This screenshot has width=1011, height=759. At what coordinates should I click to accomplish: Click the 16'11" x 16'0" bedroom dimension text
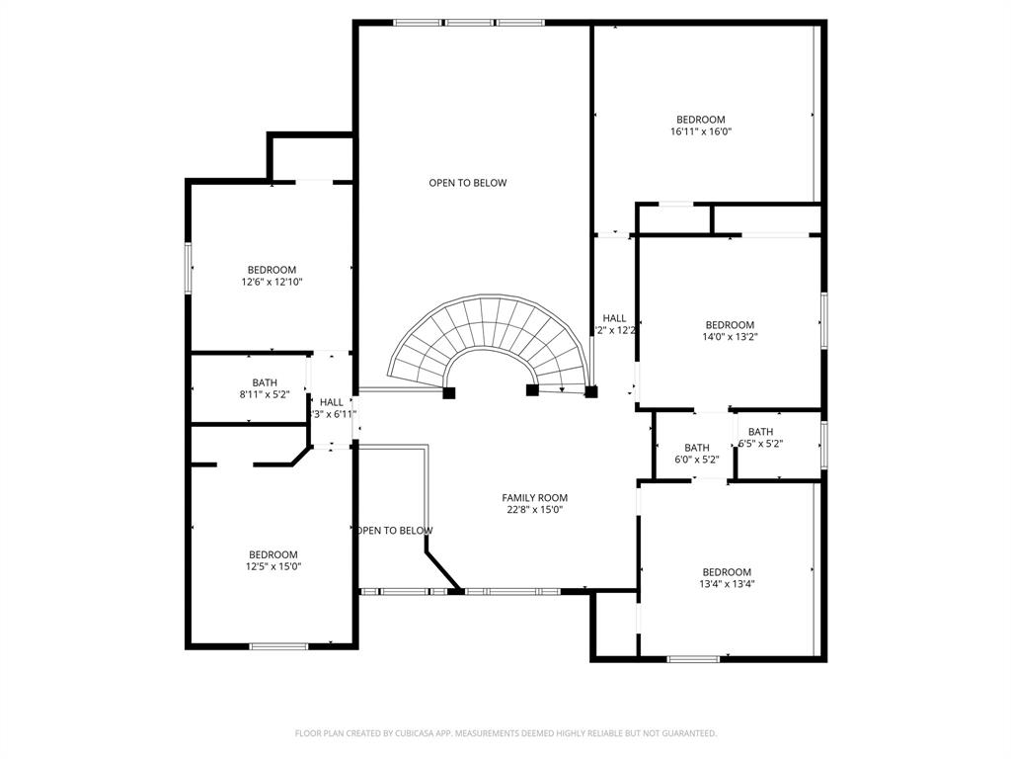coord(700,131)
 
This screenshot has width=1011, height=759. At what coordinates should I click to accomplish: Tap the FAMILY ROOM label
coord(534,498)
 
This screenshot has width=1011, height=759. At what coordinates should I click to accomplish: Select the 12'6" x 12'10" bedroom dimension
coord(272,282)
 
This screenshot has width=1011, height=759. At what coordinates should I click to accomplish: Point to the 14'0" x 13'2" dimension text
coord(730,337)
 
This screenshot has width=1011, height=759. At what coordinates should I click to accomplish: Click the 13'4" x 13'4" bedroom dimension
coord(727,584)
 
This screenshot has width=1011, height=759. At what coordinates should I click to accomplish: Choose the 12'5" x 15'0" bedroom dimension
coord(272,566)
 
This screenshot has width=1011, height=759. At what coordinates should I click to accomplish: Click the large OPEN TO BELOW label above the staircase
coord(467,183)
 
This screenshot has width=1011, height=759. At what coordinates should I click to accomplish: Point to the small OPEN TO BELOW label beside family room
coord(394,531)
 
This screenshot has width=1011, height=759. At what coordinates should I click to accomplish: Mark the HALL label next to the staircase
coord(614,318)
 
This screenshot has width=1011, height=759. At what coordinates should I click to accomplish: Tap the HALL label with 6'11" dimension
coord(331,402)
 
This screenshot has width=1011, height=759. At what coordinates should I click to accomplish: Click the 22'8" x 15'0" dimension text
coord(534,510)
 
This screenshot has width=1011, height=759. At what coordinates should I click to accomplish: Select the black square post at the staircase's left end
coord(448,392)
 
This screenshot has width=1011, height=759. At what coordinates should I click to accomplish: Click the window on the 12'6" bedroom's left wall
coord(188,268)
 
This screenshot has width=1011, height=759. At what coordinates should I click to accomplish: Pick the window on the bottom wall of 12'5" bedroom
coord(278,646)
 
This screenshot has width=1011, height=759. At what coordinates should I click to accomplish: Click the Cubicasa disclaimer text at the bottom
coord(505,733)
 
